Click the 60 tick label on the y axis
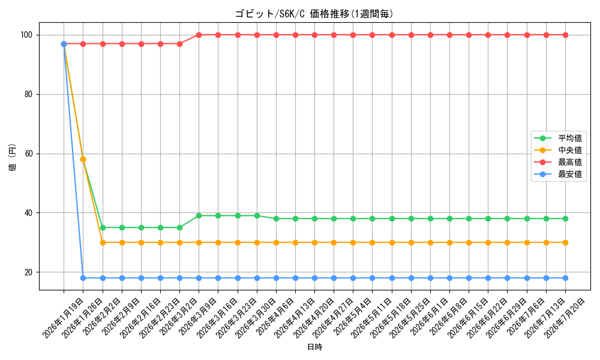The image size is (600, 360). click(x=28, y=154)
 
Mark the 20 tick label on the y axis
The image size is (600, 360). click(x=28, y=272)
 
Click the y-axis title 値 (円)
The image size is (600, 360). click(x=12, y=158)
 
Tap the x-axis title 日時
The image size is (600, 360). click(x=314, y=347)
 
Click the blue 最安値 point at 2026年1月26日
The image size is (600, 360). click(x=83, y=278)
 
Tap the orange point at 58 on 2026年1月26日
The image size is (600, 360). click(x=83, y=160)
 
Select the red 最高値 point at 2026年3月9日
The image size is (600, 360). click(x=199, y=35)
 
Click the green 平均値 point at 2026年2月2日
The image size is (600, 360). click(x=103, y=227)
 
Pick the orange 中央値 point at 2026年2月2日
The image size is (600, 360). click(x=103, y=242)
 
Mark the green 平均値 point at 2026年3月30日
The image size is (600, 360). click(x=257, y=216)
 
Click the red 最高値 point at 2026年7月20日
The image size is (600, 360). click(x=566, y=35)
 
